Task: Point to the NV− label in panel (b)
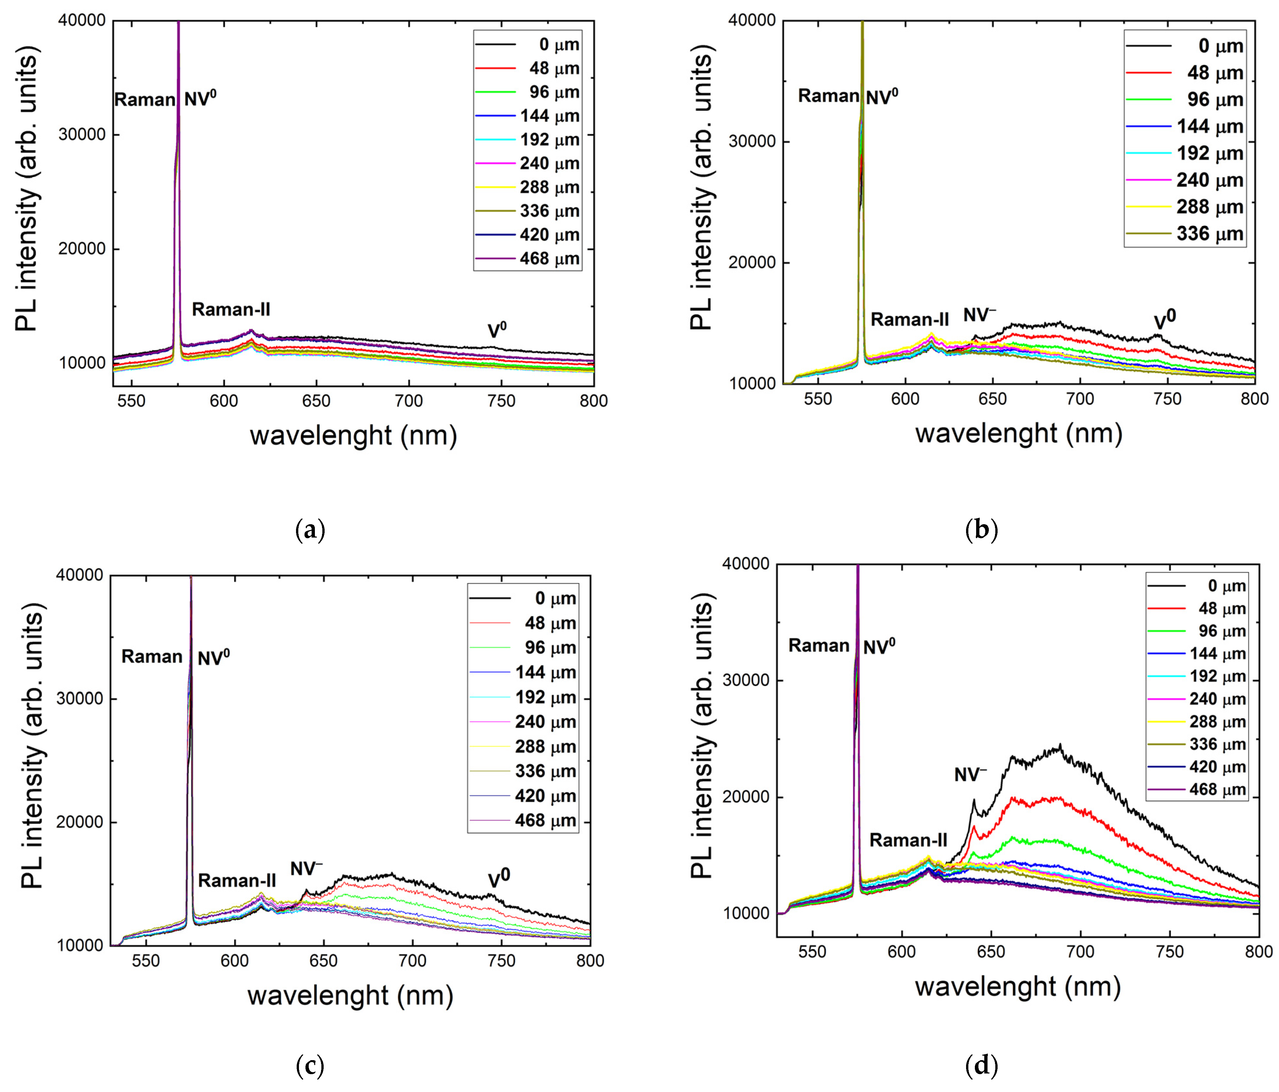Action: tap(980, 316)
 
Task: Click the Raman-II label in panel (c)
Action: tap(237, 881)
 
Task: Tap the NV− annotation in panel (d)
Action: tap(970, 774)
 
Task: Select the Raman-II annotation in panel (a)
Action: tap(231, 309)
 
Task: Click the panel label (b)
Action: tap(981, 530)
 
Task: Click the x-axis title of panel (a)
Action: tap(353, 436)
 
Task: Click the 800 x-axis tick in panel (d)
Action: tap(1258, 952)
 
